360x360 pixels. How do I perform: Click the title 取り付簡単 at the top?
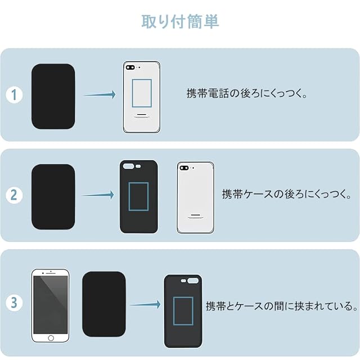click(180, 21)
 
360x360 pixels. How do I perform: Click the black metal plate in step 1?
click(53, 96)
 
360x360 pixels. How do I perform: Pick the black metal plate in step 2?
click(53, 197)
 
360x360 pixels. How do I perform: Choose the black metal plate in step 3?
click(103, 304)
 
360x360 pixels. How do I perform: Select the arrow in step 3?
click(145, 305)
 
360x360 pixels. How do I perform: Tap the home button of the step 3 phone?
click(51, 337)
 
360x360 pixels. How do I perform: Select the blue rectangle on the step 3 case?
click(183, 310)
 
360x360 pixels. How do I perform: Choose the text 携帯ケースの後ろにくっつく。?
click(287, 195)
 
